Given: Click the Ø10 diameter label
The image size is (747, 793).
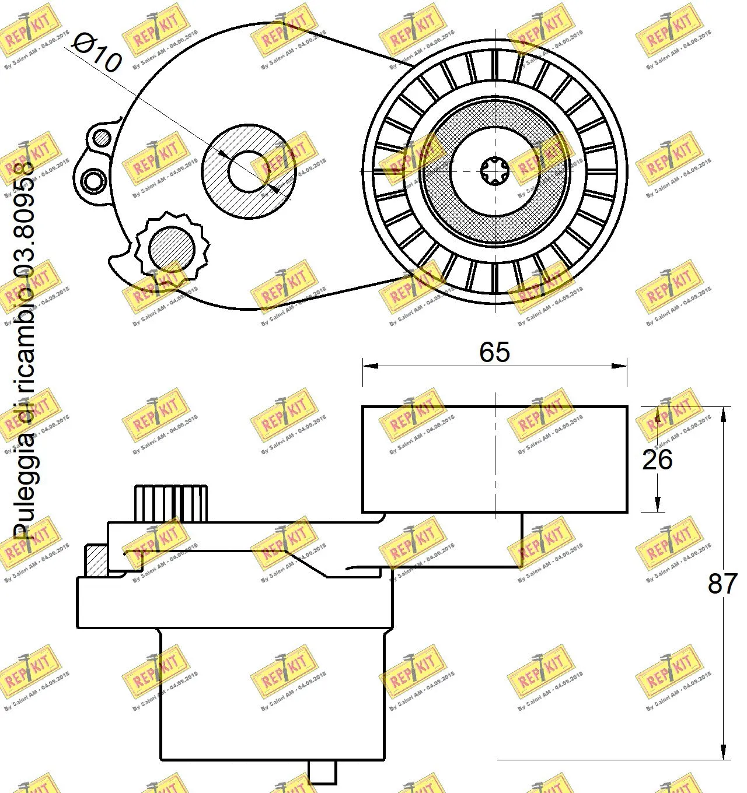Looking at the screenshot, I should pyautogui.click(x=98, y=52).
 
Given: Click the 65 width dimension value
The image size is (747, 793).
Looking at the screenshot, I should pyautogui.click(x=494, y=352).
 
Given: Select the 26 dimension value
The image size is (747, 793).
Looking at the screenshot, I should pyautogui.click(x=657, y=459).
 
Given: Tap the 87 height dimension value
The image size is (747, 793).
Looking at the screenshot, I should pyautogui.click(x=722, y=583).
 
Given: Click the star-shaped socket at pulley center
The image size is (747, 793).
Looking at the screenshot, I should pyautogui.click(x=495, y=171).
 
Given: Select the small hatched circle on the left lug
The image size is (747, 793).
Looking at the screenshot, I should pyautogui.click(x=102, y=138).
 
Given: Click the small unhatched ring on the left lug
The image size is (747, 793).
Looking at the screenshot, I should pyautogui.click(x=92, y=180).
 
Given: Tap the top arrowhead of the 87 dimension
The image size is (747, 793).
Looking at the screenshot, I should pyautogui.click(x=724, y=413).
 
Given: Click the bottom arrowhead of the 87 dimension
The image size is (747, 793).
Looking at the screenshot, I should pyautogui.click(x=724, y=753).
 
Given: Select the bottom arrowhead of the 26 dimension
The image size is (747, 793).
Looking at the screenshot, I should pyautogui.click(x=657, y=506).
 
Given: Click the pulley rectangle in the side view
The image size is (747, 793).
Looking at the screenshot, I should pyautogui.click(x=494, y=459).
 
